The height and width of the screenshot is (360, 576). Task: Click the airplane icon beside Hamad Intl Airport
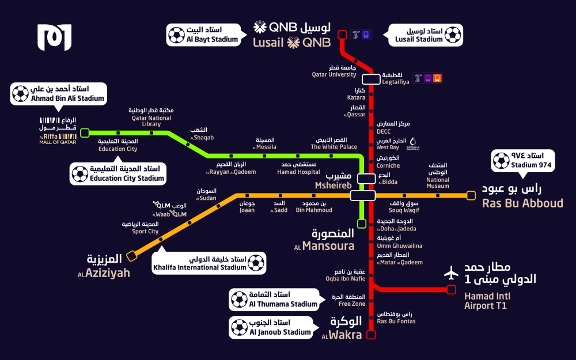[451, 273]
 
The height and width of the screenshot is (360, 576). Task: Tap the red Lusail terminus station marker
[342, 35]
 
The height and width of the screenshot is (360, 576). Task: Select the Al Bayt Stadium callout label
[204, 35]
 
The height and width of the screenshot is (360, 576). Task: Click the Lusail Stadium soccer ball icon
[453, 35]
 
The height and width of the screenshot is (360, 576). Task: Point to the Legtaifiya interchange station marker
[371, 79]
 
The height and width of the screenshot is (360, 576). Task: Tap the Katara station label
[357, 94]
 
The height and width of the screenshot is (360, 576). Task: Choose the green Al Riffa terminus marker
[85, 132]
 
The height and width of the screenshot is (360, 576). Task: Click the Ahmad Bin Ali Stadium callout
[59, 94]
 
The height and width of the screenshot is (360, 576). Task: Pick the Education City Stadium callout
[118, 173]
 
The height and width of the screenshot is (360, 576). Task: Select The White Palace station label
[334, 143]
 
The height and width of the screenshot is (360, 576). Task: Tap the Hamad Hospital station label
[298, 168]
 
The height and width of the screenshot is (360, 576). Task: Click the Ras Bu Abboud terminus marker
[471, 195]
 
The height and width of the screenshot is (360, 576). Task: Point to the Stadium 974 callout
[523, 161]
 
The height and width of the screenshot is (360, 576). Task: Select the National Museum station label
[438, 176]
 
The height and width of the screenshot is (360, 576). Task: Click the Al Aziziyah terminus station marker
[131, 256]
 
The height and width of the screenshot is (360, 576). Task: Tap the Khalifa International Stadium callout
[209, 263]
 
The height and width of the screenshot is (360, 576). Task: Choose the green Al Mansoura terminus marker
[362, 223]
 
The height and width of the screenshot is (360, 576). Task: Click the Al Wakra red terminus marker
[371, 335]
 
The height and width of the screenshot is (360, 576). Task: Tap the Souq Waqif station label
[404, 207]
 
